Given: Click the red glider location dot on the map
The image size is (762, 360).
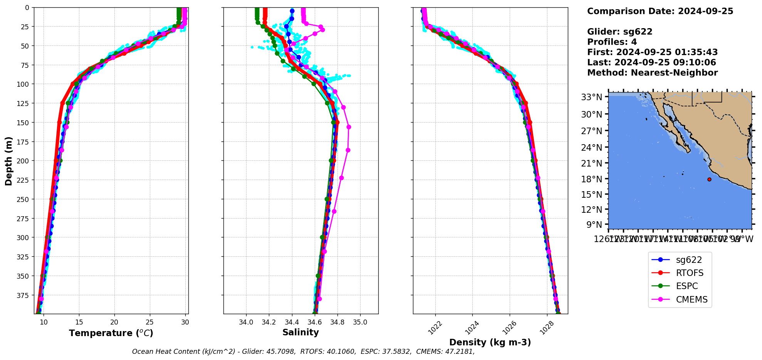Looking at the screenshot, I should (x=709, y=179).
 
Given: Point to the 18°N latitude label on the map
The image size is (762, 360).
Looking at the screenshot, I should (x=591, y=179).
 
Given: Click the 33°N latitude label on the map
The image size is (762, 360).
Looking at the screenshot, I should (x=591, y=97).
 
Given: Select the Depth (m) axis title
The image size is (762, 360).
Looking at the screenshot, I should (x=8, y=161).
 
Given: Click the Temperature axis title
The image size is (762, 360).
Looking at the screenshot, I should (x=111, y=333).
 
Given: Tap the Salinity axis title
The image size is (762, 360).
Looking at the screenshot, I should (x=300, y=333).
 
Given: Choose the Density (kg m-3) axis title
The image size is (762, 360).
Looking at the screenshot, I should (x=490, y=342).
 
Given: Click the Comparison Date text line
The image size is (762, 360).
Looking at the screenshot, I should (x=660, y=11).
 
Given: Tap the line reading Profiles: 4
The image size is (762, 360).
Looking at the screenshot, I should (x=612, y=42).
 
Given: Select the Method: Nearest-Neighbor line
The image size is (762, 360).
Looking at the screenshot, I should (x=652, y=73).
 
